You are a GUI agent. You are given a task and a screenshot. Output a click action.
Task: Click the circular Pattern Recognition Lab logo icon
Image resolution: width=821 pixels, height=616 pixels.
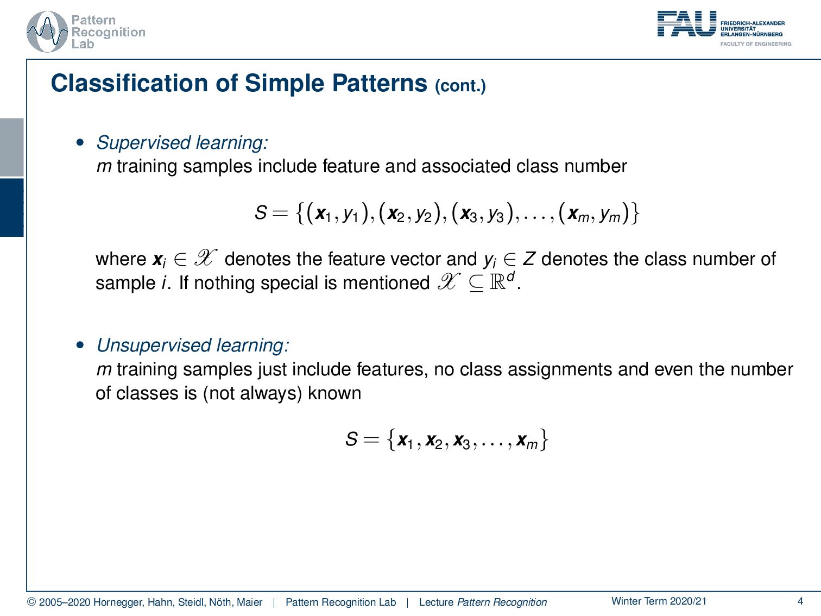tap(47, 32)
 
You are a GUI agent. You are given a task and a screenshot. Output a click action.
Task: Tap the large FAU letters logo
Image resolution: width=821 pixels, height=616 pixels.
tap(687, 23)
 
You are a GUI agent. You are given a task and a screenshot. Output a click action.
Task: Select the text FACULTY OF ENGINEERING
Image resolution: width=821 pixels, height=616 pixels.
tap(756, 44)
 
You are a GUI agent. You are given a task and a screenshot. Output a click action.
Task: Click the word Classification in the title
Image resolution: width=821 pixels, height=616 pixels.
tap(129, 83)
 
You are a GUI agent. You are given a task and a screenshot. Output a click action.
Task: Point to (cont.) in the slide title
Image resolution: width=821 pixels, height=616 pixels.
tap(460, 86)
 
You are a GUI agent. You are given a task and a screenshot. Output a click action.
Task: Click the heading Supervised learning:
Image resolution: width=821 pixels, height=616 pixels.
tap(182, 142)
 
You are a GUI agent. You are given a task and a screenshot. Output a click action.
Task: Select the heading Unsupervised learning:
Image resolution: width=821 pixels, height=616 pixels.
tap(193, 345)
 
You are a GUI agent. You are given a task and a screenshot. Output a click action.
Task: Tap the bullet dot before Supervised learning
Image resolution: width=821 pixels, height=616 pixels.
tap(80, 142)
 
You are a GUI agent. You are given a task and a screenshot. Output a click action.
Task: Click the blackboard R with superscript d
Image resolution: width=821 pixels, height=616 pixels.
tap(502, 281)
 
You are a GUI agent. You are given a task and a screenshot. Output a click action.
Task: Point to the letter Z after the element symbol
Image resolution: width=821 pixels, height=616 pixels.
tap(529, 259)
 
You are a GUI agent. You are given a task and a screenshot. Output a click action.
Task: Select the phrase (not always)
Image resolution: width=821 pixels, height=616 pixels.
tap(252, 393)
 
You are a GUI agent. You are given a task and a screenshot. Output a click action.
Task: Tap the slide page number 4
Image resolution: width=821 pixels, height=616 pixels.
tap(800, 601)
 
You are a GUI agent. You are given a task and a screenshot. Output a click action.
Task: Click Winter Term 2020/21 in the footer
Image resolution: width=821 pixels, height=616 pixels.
tap(659, 601)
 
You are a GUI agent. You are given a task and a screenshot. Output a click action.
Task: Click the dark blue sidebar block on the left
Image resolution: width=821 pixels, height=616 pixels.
tap(11, 208)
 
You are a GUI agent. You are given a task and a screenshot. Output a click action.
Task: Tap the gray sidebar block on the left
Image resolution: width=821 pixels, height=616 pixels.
tap(11, 147)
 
